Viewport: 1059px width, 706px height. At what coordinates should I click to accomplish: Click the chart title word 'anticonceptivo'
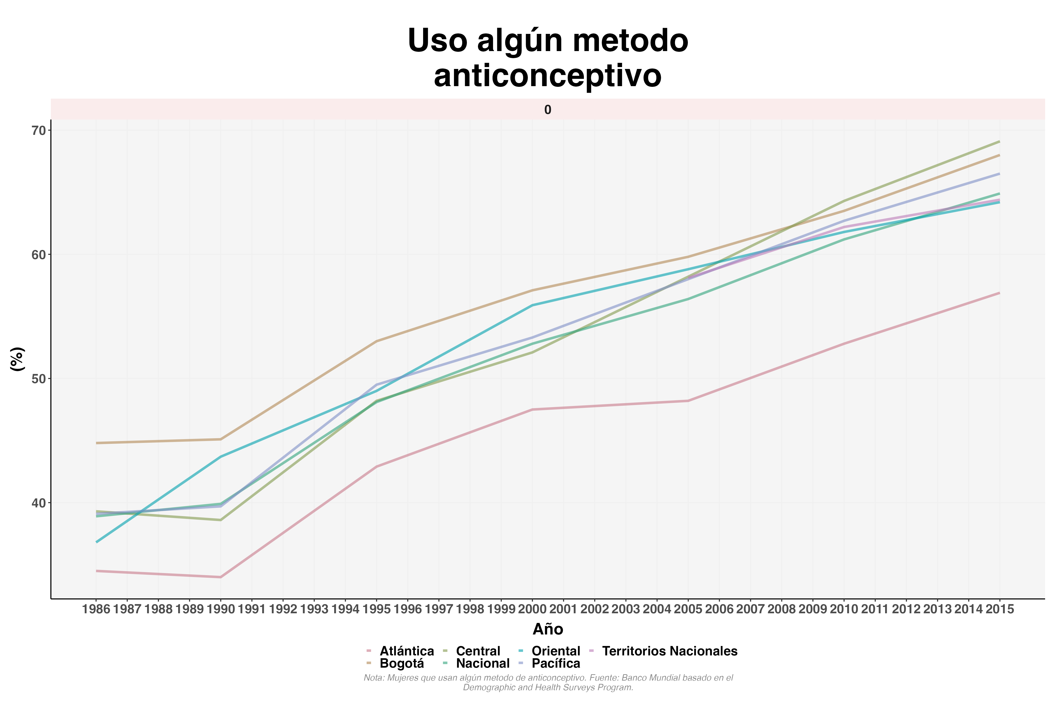[x=548, y=76]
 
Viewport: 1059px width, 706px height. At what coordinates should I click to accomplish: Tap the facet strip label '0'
[x=548, y=110]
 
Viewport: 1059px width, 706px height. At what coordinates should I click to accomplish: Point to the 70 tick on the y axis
[x=39, y=131]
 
